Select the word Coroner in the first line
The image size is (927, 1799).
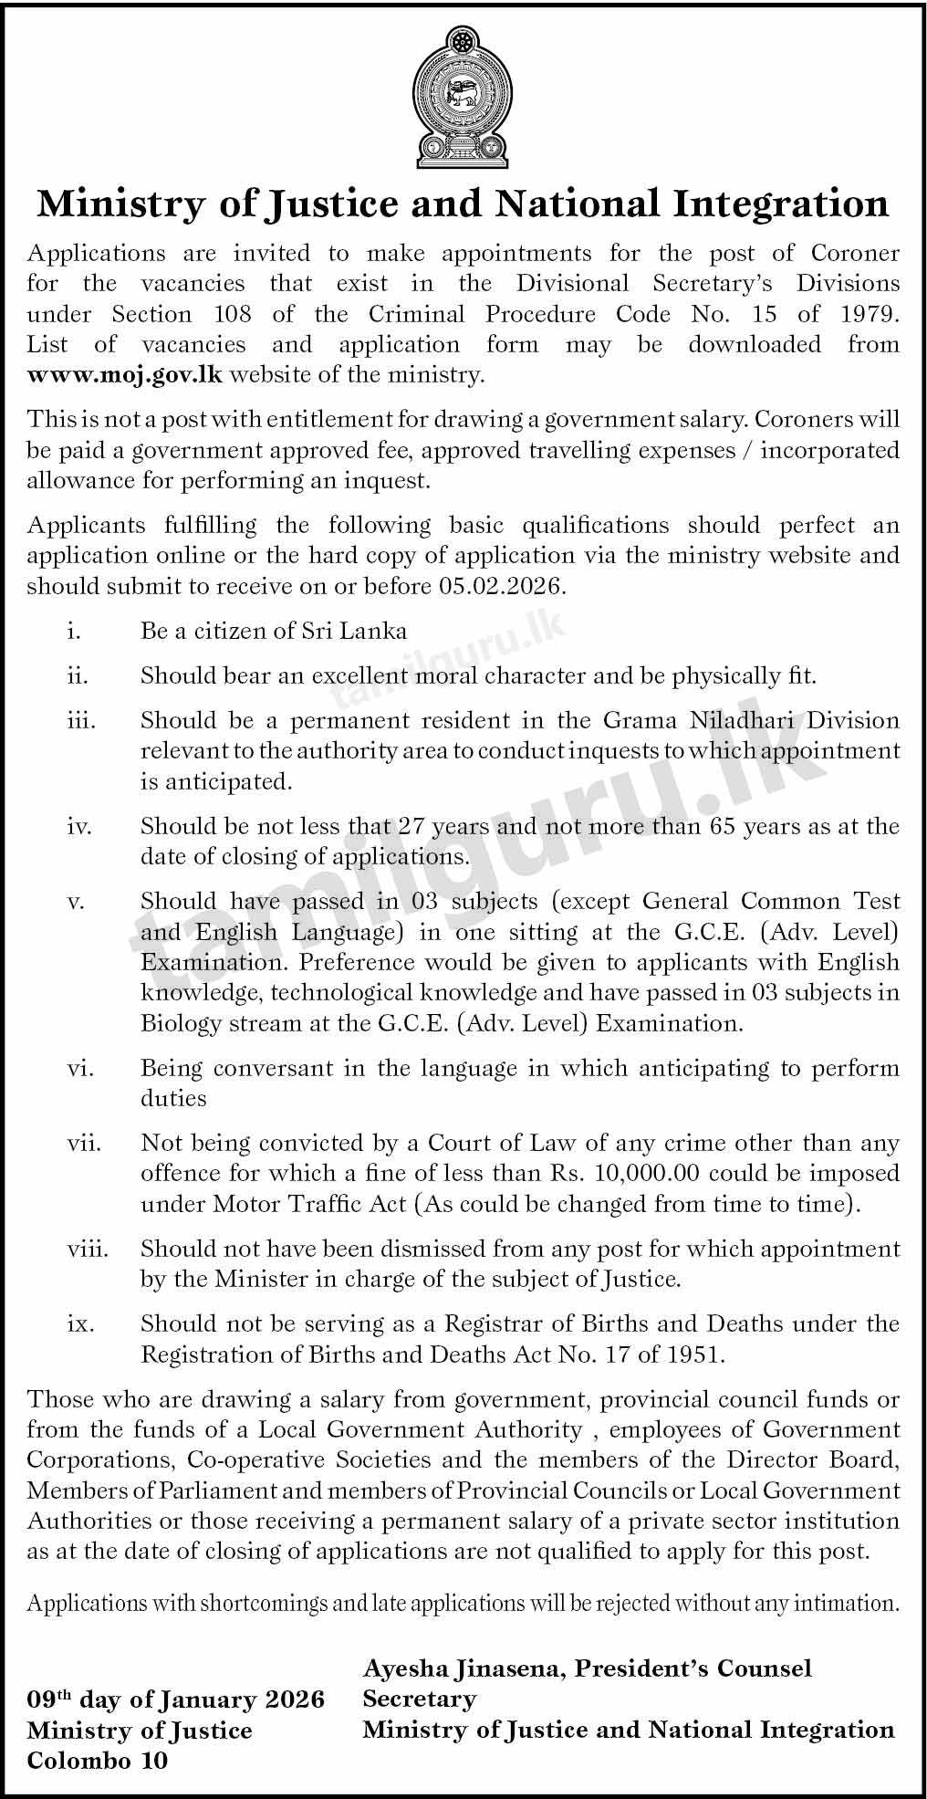point(851,253)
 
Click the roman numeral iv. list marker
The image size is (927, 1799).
point(78,826)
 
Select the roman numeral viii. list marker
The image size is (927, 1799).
point(87,1249)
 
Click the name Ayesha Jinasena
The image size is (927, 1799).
point(462,1669)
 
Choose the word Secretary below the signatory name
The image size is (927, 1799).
point(420,1700)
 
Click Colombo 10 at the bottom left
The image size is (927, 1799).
point(98,1761)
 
